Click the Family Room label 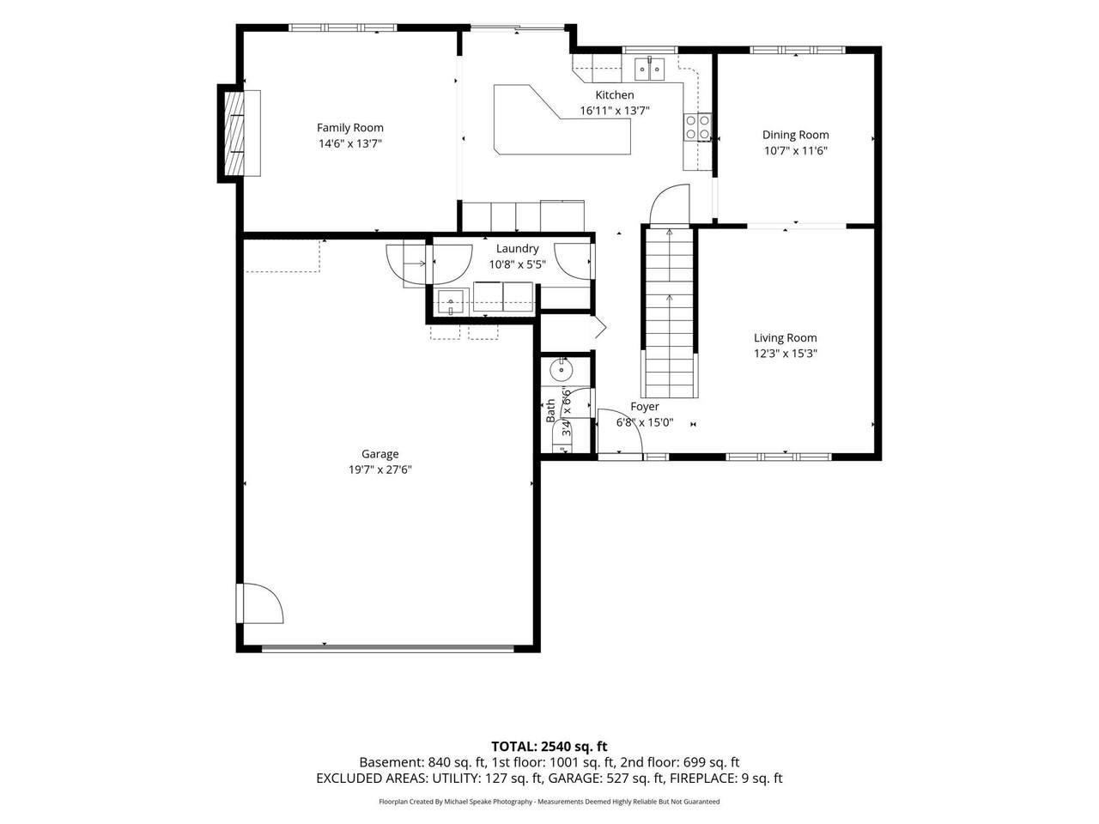pos(350,128)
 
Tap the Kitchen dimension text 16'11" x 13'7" pos(615,111)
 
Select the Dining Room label pos(796,135)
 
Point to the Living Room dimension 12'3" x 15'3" pos(786,354)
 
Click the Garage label pos(380,454)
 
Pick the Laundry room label pos(517,249)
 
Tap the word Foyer pos(645,407)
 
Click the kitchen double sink pos(649,70)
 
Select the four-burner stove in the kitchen pos(697,127)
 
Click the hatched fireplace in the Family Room pos(234,133)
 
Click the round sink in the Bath pos(560,370)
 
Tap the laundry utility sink pos(452,301)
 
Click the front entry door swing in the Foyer pos(620,431)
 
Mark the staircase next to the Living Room pos(670,313)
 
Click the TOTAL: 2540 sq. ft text pos(549,747)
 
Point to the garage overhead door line pos(388,649)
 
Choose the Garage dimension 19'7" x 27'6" pos(380,470)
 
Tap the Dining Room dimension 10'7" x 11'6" pos(796,150)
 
